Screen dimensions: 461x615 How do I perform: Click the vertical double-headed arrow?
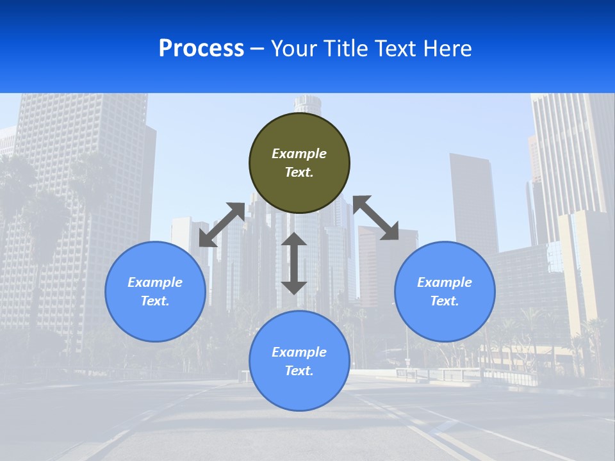pyautogui.click(x=294, y=263)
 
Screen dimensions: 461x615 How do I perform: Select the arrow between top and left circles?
pyautogui.click(x=222, y=225)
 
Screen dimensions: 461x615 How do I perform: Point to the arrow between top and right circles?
pyautogui.click(x=376, y=218)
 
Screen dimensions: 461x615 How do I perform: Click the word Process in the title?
pyautogui.click(x=201, y=48)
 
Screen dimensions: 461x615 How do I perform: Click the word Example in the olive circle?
pyautogui.click(x=299, y=154)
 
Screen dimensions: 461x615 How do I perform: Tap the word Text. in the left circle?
pyautogui.click(x=155, y=301)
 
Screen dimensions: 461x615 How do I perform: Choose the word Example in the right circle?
pyautogui.click(x=445, y=282)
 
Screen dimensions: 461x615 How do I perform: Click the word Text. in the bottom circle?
pyautogui.click(x=299, y=371)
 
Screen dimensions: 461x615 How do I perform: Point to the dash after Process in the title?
pyautogui.click(x=258, y=49)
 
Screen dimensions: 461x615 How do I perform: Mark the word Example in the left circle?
pyautogui.click(x=155, y=282)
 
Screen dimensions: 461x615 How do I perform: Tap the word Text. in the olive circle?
pyautogui.click(x=299, y=172)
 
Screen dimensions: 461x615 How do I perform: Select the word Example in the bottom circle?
pyautogui.click(x=299, y=352)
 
